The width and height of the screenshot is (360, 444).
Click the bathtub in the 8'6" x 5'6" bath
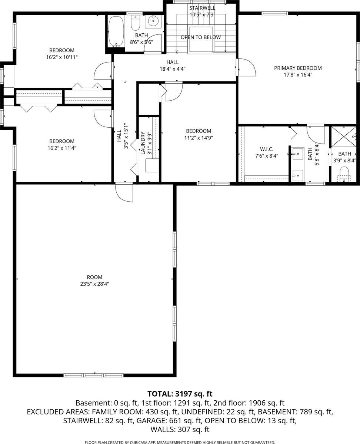click(x=116, y=31)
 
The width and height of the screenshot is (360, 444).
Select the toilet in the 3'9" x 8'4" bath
click(x=344, y=174)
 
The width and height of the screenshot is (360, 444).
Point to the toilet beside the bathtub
click(x=136, y=24)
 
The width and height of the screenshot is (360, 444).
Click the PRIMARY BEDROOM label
click(x=298, y=68)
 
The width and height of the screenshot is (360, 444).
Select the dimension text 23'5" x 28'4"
click(x=94, y=284)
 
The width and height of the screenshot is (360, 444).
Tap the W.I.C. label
click(x=264, y=149)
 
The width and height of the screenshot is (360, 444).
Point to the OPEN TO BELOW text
click(x=200, y=37)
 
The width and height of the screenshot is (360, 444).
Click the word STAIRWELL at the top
click(x=202, y=8)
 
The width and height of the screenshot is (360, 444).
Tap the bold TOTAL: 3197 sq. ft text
click(x=180, y=394)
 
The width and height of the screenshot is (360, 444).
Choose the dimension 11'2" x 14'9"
click(x=199, y=138)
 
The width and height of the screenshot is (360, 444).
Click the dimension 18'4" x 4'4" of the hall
click(x=172, y=69)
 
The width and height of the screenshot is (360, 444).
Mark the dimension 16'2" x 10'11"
click(x=61, y=57)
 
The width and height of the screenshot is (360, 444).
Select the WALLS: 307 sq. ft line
click(x=180, y=430)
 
